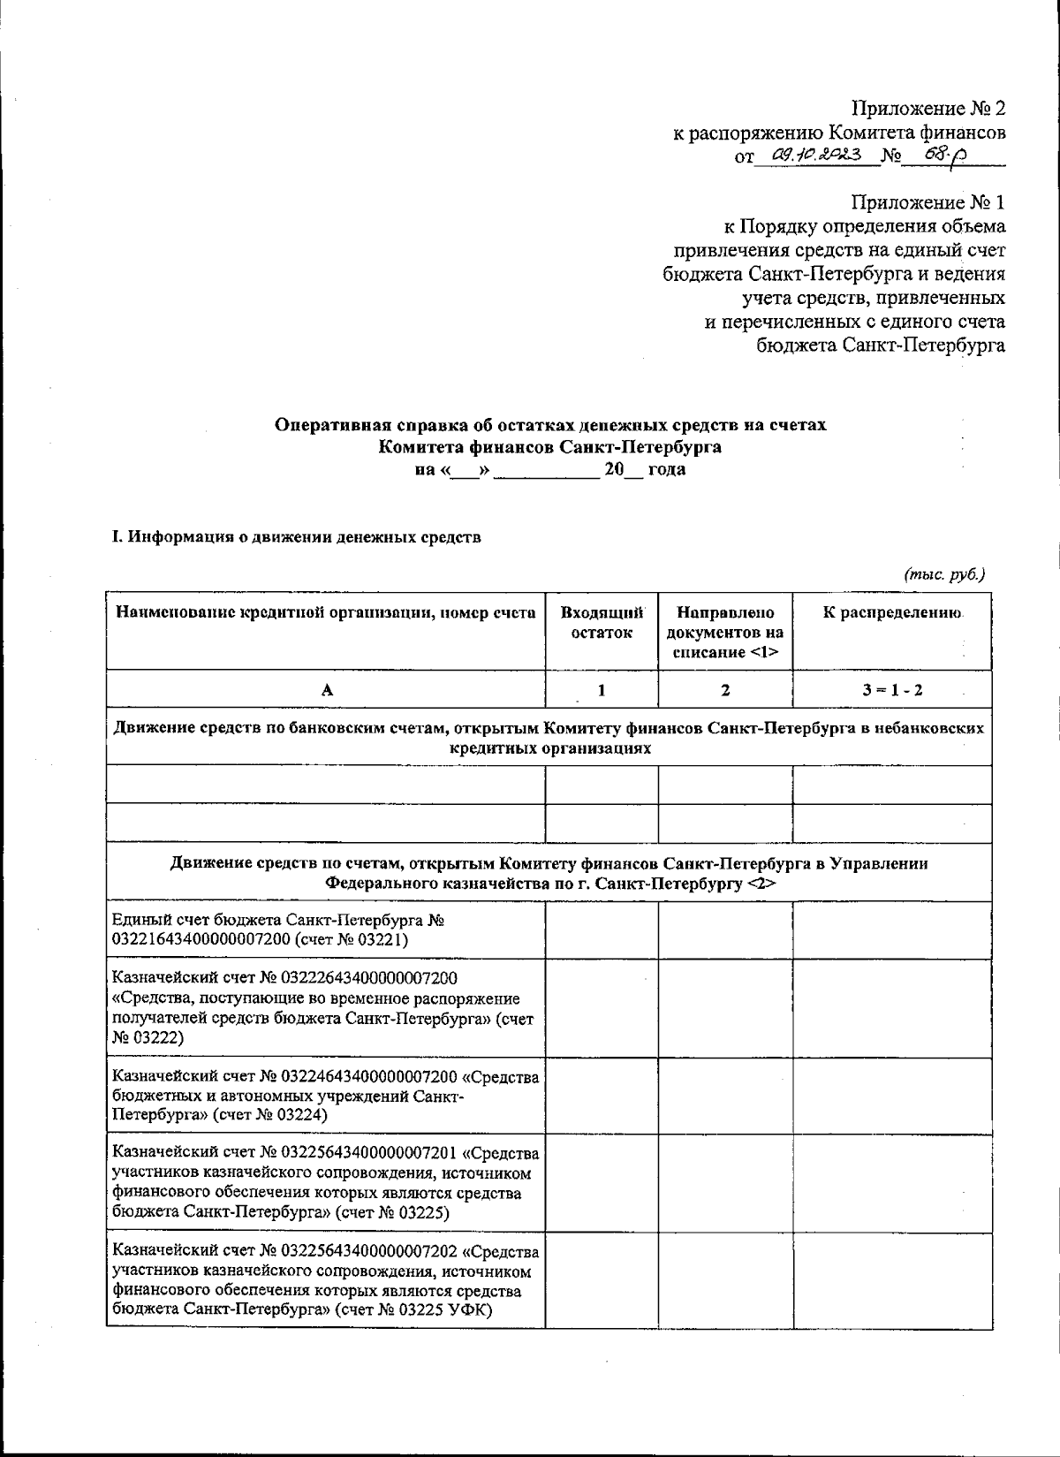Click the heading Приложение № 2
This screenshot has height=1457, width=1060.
(x=928, y=109)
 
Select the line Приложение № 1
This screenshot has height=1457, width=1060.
(x=928, y=202)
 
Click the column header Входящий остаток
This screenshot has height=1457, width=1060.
(x=602, y=623)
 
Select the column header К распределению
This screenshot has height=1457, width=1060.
(x=892, y=613)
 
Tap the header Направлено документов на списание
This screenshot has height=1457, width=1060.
(x=725, y=633)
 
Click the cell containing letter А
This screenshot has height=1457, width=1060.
(x=326, y=691)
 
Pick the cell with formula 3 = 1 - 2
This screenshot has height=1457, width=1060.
(x=892, y=691)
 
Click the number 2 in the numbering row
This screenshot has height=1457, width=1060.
(x=725, y=691)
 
